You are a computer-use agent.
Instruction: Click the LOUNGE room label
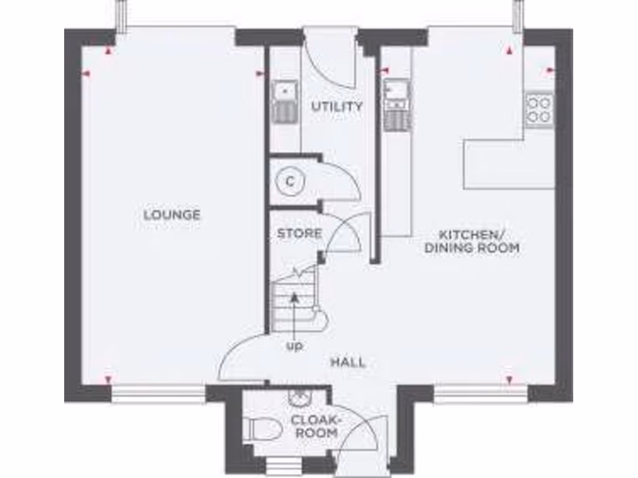172,215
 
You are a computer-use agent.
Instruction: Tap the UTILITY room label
337,106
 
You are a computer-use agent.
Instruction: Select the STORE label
300,234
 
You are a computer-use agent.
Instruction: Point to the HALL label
348,362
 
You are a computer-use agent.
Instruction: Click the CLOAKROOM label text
316,426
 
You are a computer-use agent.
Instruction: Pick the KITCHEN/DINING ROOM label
471,241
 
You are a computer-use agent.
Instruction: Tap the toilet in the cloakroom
257,429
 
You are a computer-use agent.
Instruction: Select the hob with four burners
538,109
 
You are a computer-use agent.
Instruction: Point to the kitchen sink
396,92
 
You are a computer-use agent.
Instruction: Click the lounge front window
159,393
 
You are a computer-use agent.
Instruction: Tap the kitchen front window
480,393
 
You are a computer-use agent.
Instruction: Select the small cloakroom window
283,465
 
